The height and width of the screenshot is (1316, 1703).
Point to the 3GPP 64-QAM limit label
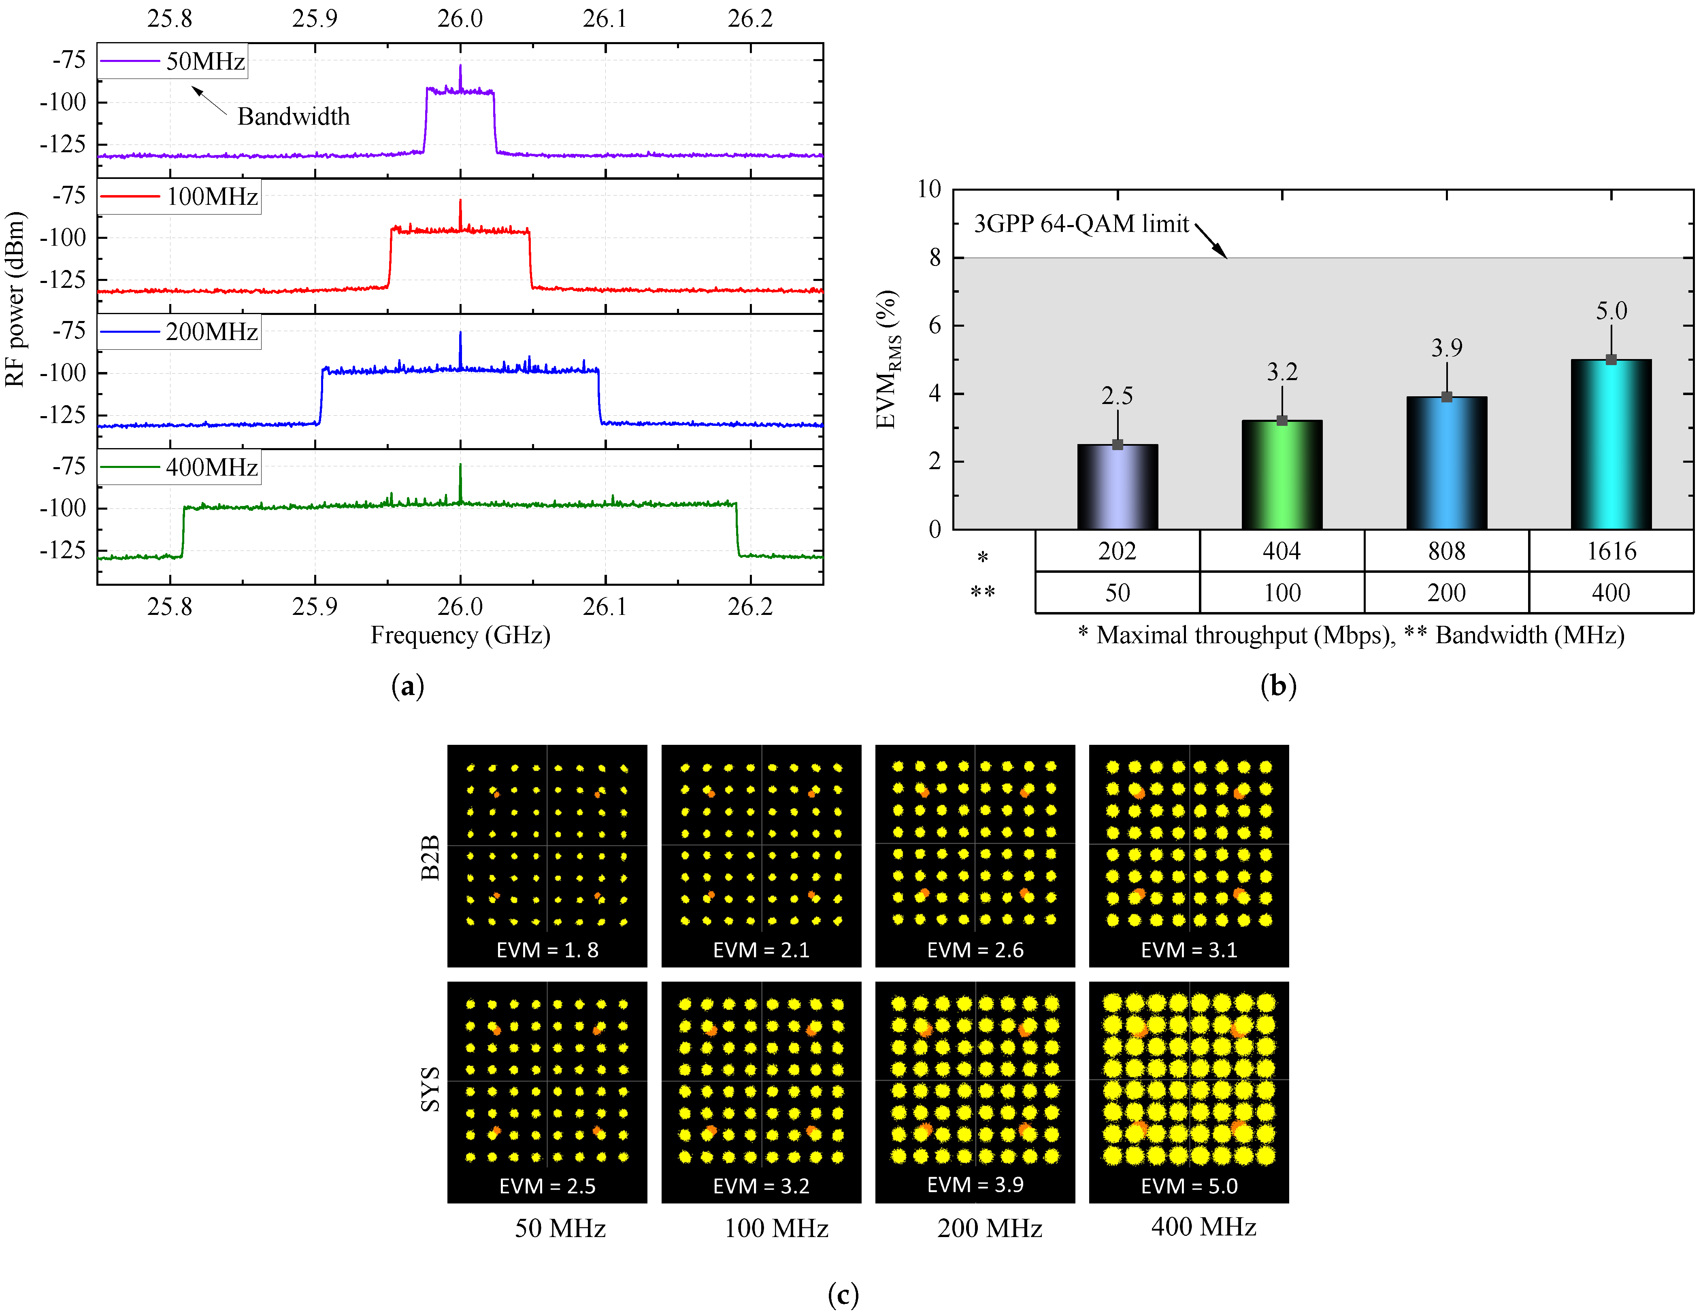(1081, 224)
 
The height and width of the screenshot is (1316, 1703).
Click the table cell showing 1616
(1611, 551)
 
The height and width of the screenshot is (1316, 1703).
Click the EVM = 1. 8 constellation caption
(547, 950)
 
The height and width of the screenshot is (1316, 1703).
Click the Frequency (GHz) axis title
(460, 636)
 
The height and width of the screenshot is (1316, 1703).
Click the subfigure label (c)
(843, 1295)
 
